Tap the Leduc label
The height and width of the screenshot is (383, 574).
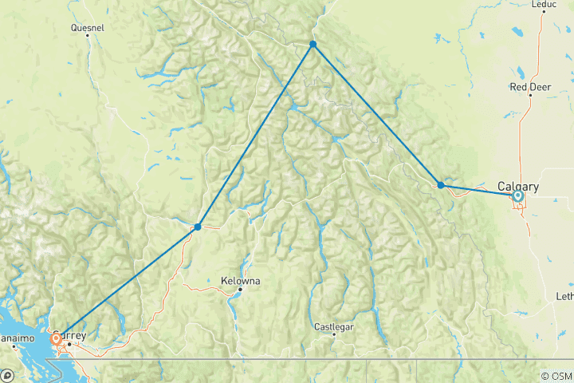pyautogui.click(x=543, y=4)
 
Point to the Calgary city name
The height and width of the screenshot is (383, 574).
pyautogui.click(x=518, y=187)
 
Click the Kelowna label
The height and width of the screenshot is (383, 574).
pyautogui.click(x=241, y=281)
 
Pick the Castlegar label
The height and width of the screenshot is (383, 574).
pyautogui.click(x=333, y=326)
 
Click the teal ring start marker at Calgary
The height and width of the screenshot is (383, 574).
pyautogui.click(x=518, y=195)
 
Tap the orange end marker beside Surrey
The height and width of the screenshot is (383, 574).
pyautogui.click(x=56, y=339)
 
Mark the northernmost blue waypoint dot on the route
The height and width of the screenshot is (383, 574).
pyautogui.click(x=313, y=44)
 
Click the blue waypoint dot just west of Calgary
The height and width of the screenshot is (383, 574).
pyautogui.click(x=441, y=185)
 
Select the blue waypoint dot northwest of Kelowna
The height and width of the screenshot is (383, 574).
pyautogui.click(x=198, y=227)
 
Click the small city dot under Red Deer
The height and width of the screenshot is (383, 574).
pyautogui.click(x=530, y=95)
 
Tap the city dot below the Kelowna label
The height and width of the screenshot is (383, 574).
pyautogui.click(x=239, y=290)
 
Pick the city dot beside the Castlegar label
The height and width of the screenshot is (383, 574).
pyautogui.click(x=333, y=334)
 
